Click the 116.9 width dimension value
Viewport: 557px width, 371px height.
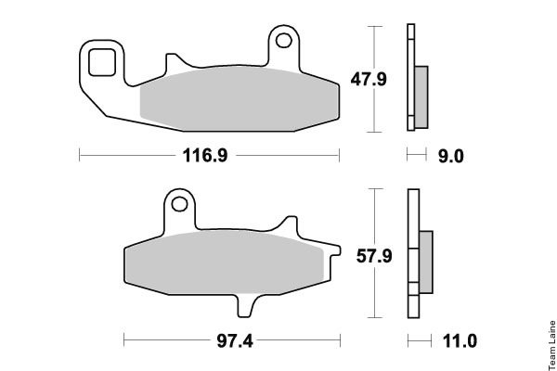(x=205, y=156)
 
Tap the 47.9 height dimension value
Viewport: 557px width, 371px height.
(x=369, y=79)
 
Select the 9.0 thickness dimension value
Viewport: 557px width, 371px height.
(x=451, y=156)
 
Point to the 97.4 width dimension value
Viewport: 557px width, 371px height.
(x=235, y=341)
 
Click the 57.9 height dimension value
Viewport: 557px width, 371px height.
(x=374, y=256)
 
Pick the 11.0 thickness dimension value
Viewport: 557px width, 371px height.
(x=460, y=341)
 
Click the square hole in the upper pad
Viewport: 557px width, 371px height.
(x=102, y=62)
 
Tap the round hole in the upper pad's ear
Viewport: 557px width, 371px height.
(x=284, y=41)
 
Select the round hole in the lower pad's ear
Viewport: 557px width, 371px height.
(x=179, y=204)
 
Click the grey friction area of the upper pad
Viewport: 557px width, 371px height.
(x=240, y=98)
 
